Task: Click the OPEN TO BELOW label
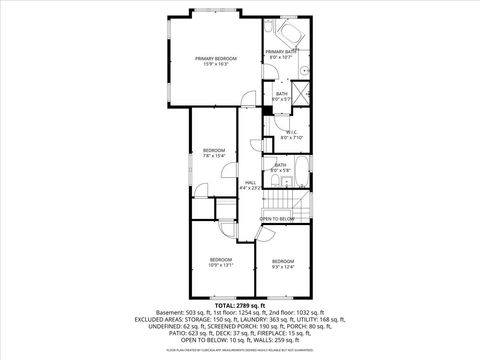click(278, 218)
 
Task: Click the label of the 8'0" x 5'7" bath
click(281, 96)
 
